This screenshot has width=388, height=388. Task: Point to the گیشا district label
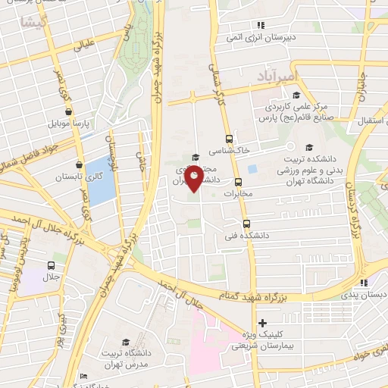(x=36, y=23)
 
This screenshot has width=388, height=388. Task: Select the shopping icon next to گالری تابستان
(x=79, y=164)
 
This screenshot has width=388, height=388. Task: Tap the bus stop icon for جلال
(x=51, y=265)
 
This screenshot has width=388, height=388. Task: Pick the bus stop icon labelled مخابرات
(x=238, y=182)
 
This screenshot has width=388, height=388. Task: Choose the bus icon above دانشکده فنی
(x=246, y=224)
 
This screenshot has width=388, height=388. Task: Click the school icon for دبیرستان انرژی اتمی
(x=261, y=25)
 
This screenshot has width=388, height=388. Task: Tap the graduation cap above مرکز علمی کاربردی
(x=296, y=95)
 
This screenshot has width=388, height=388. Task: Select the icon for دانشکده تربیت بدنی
(x=308, y=148)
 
